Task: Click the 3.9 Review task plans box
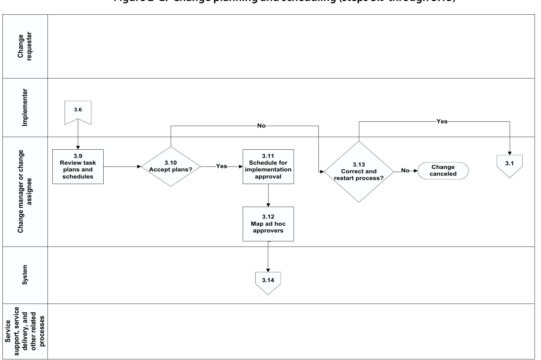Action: coord(78,167)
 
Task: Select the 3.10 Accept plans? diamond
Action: coord(171,167)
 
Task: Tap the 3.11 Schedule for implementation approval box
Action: coord(268,167)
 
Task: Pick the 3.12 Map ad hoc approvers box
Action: coord(268,224)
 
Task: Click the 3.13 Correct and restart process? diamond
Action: coord(359,172)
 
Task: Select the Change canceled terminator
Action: coord(443,170)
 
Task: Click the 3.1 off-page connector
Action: coord(509,165)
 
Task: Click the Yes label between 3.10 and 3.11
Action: coord(222,166)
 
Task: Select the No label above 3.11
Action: coord(261,126)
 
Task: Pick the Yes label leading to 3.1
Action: coord(442,121)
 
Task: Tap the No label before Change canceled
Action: coord(405,170)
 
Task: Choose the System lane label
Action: coord(25,275)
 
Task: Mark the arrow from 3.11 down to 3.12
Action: coord(268,195)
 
